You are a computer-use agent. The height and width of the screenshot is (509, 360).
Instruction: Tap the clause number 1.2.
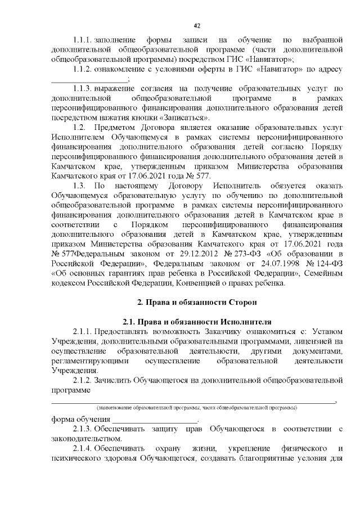(x=78, y=128)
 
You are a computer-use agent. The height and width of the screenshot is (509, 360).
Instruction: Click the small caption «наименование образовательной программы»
(x=197, y=407)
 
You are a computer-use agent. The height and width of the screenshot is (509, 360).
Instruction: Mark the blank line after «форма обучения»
(x=155, y=420)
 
